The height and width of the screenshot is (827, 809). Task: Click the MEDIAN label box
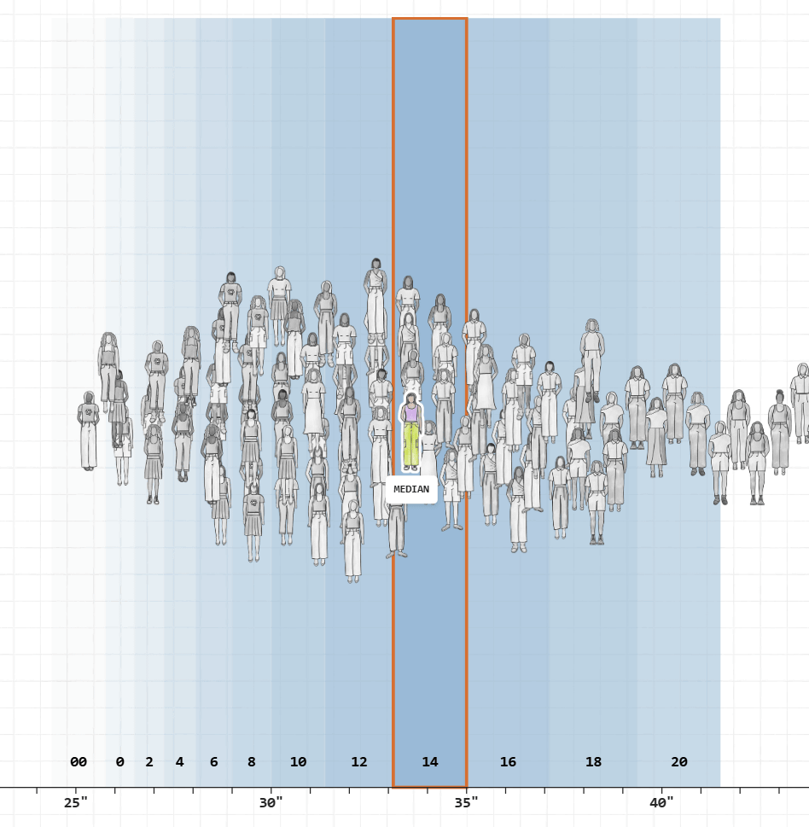(411, 490)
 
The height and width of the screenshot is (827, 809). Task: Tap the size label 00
(79, 762)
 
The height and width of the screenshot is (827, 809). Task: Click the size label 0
(119, 762)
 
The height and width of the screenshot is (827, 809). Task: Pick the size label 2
(149, 762)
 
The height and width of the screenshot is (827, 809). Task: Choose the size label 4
(179, 762)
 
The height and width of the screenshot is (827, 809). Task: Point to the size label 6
(213, 762)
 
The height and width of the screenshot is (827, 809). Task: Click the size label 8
(251, 762)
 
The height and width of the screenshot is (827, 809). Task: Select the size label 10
(298, 762)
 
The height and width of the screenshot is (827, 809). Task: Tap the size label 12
(359, 762)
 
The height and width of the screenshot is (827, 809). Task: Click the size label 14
(430, 762)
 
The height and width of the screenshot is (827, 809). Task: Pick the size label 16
(508, 762)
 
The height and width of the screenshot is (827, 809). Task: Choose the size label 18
(593, 762)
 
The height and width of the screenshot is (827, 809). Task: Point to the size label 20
(679, 762)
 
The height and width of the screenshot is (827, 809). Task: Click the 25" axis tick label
(76, 803)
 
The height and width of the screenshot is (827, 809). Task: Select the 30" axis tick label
(271, 803)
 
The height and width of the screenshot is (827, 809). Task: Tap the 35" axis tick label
(466, 803)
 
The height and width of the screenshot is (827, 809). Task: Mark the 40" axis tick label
(661, 803)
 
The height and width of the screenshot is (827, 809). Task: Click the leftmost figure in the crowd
(88, 431)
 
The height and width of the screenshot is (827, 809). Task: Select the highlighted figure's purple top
(411, 413)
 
